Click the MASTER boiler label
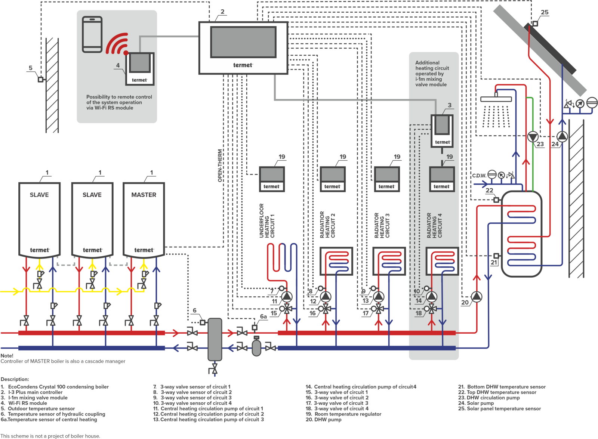tap(144, 195)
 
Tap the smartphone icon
tap(92, 34)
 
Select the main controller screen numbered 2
tap(243, 42)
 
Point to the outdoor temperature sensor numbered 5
tap(40, 80)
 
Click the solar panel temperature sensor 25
tap(535, 24)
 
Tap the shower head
tap(496, 99)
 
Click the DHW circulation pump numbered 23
tap(533, 137)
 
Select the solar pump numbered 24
tap(562, 137)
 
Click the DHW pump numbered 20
tap(477, 297)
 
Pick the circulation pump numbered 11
tap(287, 297)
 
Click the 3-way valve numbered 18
tap(432, 309)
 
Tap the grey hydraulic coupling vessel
tap(215, 339)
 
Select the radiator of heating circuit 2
tap(336, 261)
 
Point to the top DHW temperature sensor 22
tap(496, 200)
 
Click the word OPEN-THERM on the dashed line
tap(220, 166)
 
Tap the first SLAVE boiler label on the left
tap(39, 195)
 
